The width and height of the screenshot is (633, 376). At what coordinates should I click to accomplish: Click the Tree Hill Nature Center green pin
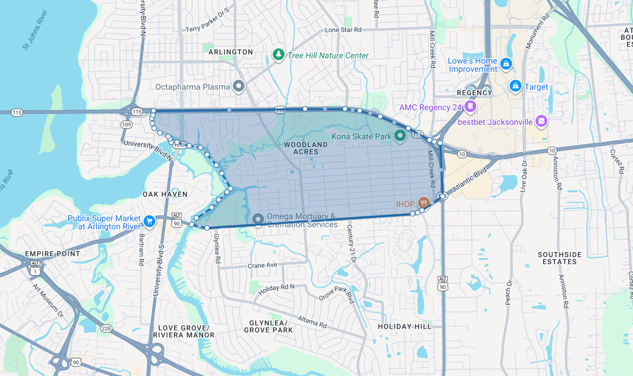click(x=278, y=54)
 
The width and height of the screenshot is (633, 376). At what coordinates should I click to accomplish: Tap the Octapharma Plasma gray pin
click(x=239, y=86)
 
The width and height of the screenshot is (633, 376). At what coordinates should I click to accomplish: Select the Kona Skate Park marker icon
click(x=400, y=135)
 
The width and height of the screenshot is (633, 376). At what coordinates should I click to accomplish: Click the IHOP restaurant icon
click(x=423, y=203)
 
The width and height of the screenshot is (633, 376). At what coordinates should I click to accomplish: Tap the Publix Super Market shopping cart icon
click(x=149, y=221)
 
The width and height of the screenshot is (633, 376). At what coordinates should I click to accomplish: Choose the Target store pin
click(x=515, y=86)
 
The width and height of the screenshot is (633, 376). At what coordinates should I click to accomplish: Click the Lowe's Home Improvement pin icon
click(x=505, y=63)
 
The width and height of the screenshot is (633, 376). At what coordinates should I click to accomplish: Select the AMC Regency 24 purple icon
click(x=470, y=106)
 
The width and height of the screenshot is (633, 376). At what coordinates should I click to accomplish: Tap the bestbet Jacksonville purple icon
click(x=542, y=121)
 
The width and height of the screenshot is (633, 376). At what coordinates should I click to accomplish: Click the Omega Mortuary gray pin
click(x=258, y=219)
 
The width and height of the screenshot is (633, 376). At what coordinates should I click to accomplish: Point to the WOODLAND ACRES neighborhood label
click(x=306, y=148)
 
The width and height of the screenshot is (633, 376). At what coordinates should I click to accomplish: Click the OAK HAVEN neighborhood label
click(x=165, y=194)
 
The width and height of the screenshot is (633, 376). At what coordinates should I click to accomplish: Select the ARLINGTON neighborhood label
click(x=230, y=52)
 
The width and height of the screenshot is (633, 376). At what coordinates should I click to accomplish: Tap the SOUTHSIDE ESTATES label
click(x=560, y=258)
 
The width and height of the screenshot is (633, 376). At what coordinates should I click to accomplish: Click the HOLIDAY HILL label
click(x=405, y=327)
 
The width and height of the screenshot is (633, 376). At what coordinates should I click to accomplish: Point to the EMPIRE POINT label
click(x=52, y=253)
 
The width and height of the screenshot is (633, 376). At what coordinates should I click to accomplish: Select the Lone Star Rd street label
click(x=343, y=30)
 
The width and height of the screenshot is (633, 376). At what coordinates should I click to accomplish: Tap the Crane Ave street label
click(x=262, y=265)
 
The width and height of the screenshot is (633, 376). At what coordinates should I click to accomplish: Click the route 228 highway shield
click(x=106, y=329)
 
